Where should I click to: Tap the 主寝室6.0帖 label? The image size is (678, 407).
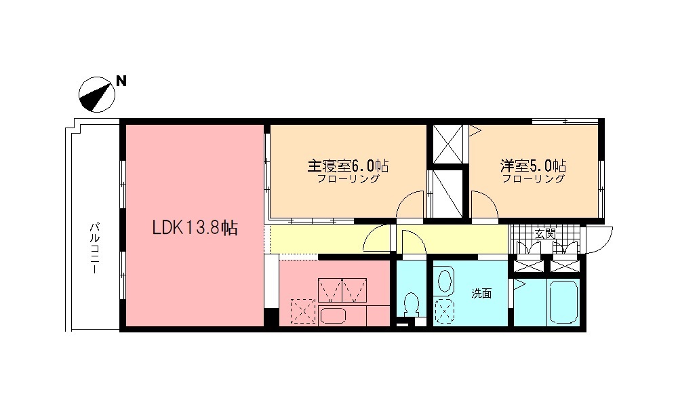click(x=348, y=166)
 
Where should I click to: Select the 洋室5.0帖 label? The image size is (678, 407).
click(x=534, y=166)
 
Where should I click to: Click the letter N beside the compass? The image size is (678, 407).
click(x=121, y=81)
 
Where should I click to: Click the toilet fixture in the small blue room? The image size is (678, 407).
click(x=410, y=305)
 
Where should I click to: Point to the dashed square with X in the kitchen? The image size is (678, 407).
click(x=303, y=313)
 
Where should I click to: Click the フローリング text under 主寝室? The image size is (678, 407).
click(x=348, y=180)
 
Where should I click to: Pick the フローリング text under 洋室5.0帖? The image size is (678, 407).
click(x=534, y=180)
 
